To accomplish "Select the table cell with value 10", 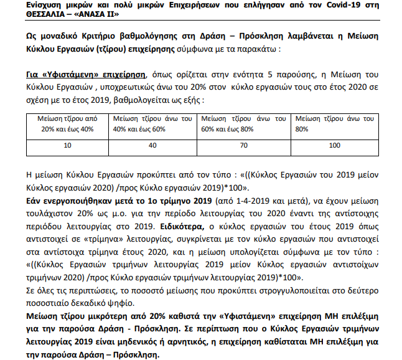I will pos(68,145).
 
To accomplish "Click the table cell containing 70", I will pos(245,145).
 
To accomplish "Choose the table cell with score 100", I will pos(334,145).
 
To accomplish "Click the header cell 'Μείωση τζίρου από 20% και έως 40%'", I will pos(68,123).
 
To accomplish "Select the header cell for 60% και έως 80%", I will pos(245,123).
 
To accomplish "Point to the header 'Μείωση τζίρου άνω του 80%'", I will pos(334,123).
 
